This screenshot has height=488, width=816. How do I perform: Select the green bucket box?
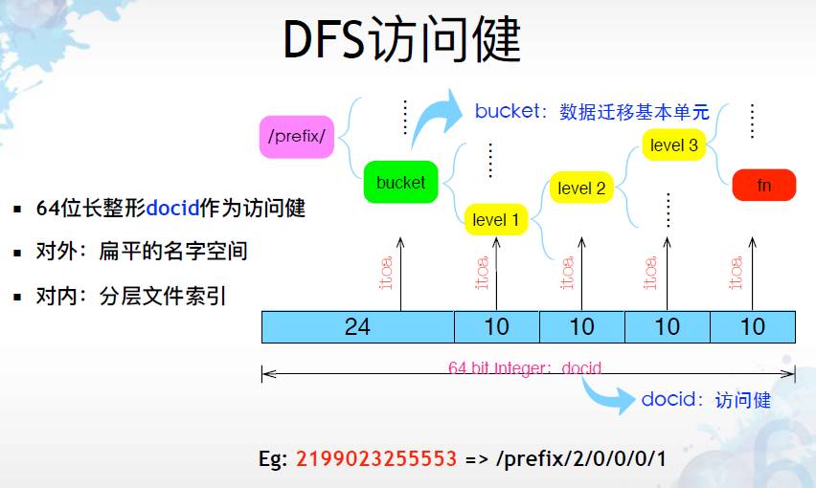point(400,182)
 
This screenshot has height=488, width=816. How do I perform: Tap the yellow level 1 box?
point(495,220)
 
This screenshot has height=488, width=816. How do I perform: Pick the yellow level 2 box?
point(581,189)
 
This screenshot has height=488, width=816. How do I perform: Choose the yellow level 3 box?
point(673,145)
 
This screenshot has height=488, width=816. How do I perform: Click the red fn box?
point(763,185)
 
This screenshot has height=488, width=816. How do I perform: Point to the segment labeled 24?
point(357,327)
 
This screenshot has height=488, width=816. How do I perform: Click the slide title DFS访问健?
point(402,41)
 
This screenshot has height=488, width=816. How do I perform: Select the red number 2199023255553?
point(376,458)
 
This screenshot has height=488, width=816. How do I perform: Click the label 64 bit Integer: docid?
point(525,367)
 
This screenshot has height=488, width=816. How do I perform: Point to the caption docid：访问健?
point(706,399)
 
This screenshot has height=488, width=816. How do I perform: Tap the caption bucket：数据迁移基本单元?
point(592,112)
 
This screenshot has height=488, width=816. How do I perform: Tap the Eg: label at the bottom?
point(273,458)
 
